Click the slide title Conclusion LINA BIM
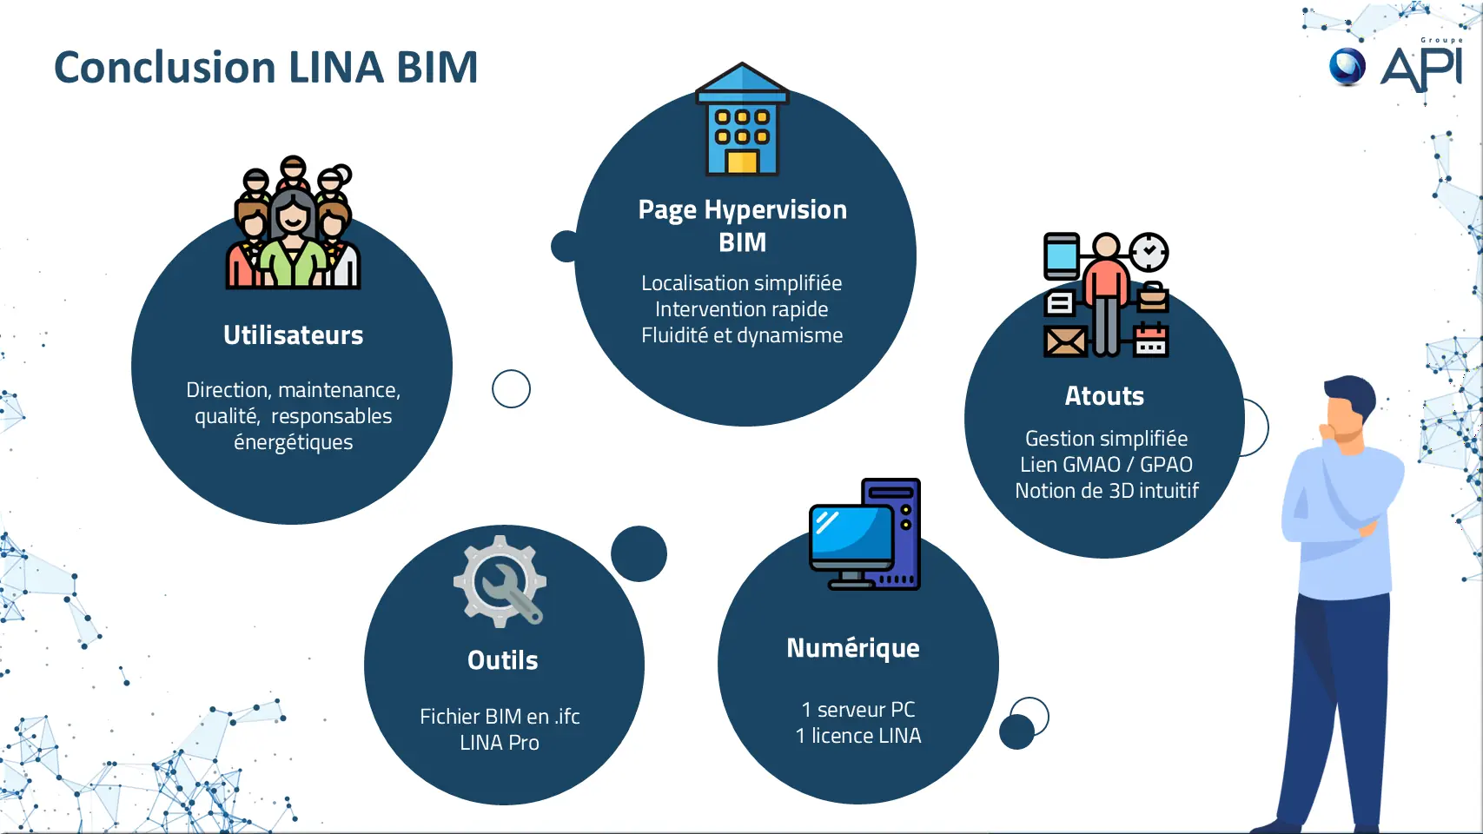266,68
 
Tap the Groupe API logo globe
1347,67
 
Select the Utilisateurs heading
294,335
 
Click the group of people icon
294,222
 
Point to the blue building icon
742,119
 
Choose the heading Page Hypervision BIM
742,226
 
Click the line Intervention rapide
742,309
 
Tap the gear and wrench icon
500,581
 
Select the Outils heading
502,660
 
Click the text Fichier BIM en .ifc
500,716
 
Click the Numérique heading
853,647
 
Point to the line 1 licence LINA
858,735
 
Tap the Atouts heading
1104,396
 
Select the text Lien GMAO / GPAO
1106,465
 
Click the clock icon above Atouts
1149,252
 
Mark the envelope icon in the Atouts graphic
1065,341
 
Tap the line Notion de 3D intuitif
1106,491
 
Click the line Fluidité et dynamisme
742,335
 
